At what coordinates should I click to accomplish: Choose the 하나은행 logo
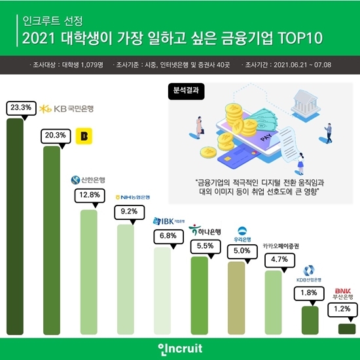tap(205, 230)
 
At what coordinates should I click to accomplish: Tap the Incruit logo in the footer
tap(179, 346)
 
